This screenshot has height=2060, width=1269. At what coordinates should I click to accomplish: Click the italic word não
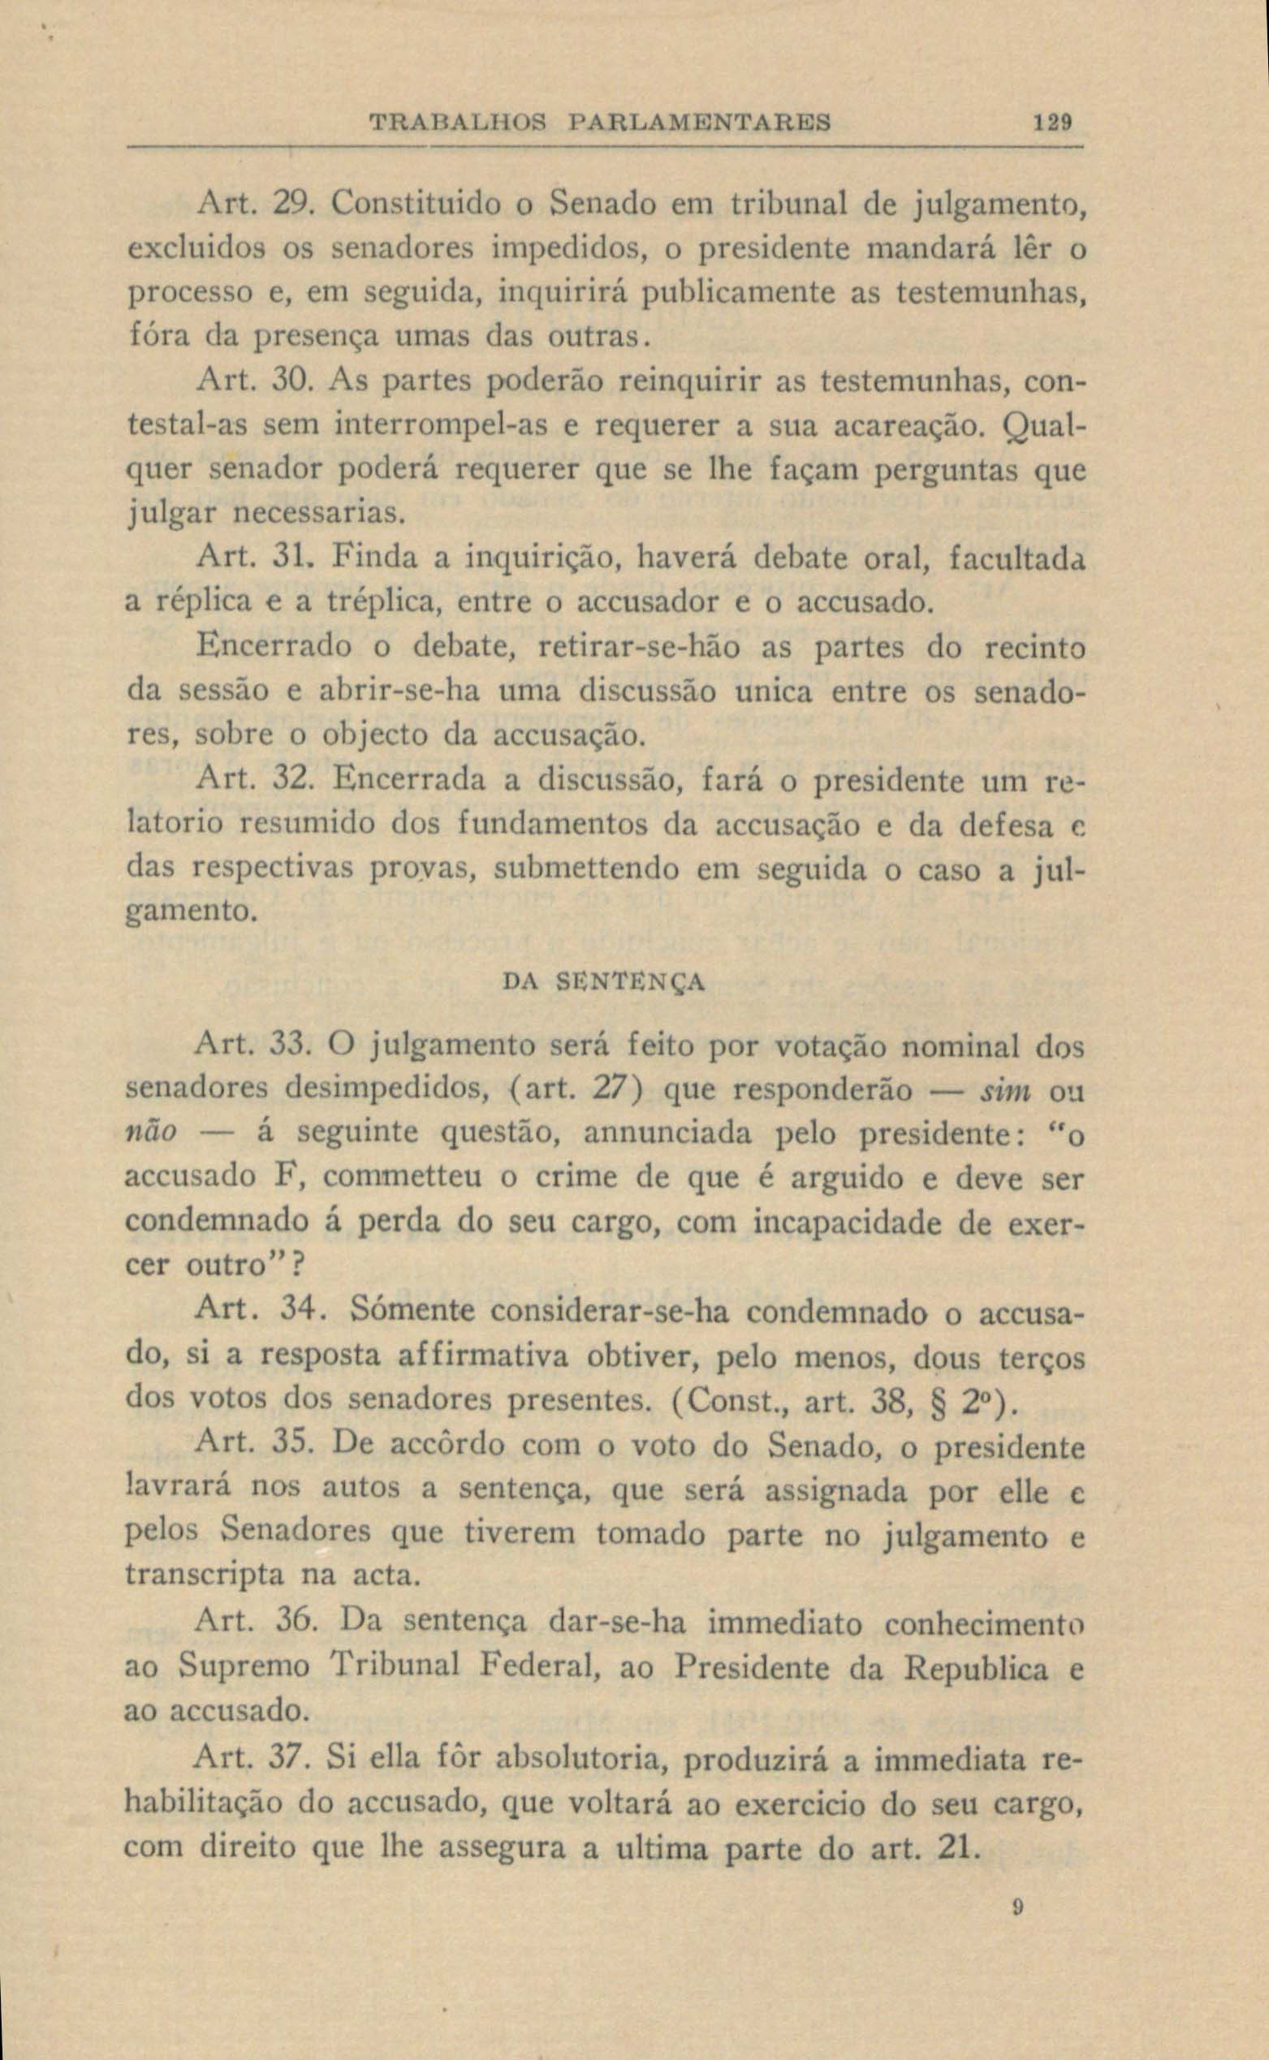(x=151, y=1132)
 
